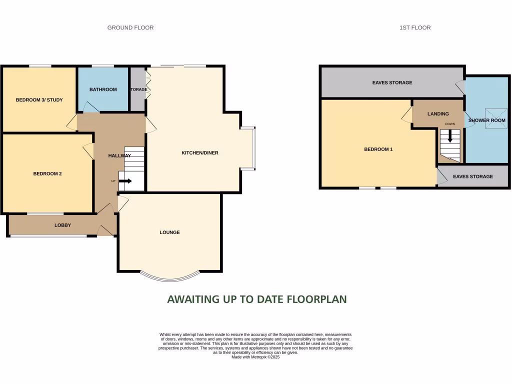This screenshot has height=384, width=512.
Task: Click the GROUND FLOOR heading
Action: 130,27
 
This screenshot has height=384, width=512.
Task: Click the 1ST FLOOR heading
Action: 414,27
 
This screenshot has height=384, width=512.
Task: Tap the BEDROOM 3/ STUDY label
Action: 39,100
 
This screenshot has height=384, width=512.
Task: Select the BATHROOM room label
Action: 103,89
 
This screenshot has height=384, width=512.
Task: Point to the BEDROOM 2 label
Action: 47,174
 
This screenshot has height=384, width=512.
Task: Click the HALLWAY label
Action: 119,156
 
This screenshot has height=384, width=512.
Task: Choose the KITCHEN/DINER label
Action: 199,153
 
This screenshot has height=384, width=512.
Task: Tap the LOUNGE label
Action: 169,232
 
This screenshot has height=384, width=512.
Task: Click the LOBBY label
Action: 62,225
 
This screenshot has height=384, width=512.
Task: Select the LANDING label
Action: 438,114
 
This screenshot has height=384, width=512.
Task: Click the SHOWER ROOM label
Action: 486,120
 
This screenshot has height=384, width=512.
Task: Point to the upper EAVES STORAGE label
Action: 392,82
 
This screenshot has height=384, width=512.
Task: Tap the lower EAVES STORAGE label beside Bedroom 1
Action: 472,176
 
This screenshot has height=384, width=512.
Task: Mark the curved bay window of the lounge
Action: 169,277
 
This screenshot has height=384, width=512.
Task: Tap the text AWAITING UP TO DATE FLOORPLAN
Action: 256,299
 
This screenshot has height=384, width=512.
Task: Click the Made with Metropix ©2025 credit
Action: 255,357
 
